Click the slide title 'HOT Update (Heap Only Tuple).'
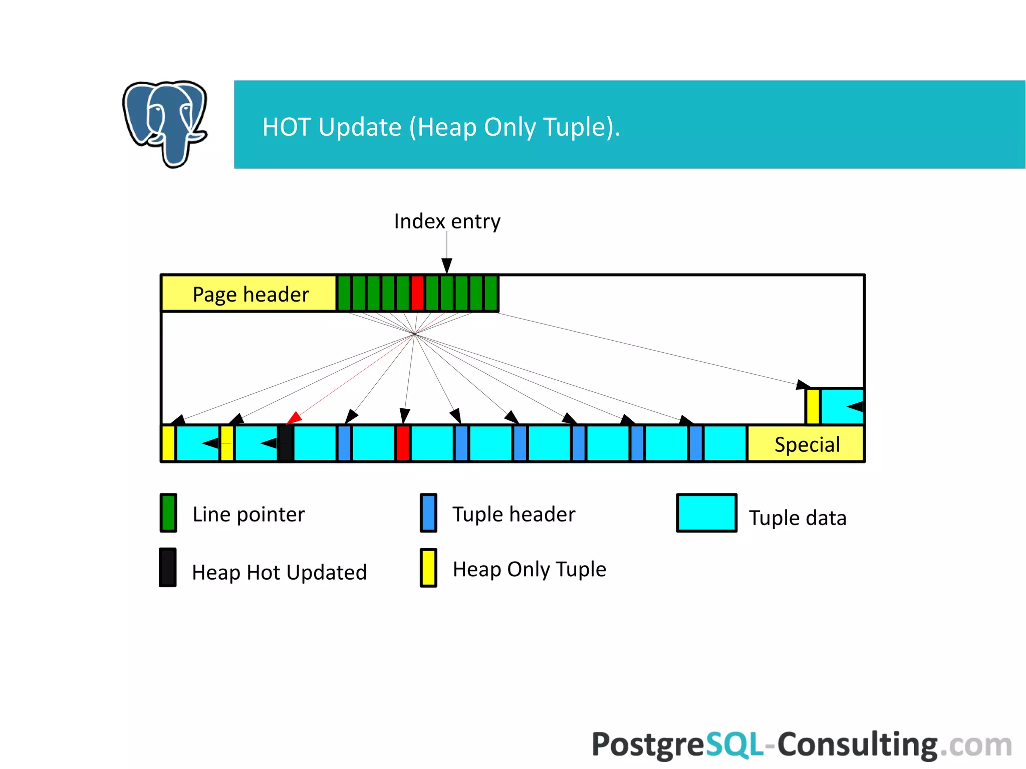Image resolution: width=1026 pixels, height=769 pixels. pos(441,127)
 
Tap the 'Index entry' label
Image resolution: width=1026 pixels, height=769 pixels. pos(447,221)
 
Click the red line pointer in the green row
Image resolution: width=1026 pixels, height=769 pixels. pos(417,293)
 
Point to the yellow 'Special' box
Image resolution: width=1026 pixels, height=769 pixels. pos(806,444)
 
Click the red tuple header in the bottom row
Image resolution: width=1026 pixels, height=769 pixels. pos(403,443)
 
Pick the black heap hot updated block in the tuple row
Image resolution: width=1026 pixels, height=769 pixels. pos(286,443)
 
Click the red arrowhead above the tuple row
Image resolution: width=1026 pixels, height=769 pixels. pos(294,418)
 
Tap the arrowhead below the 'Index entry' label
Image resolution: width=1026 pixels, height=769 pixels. pos(447,265)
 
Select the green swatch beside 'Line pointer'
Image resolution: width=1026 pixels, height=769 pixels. pos(168,513)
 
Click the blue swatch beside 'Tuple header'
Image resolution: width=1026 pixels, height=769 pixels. pos(428,513)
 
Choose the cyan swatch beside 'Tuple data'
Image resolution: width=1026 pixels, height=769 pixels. pos(706,513)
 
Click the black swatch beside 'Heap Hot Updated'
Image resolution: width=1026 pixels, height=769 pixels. pos(168,568)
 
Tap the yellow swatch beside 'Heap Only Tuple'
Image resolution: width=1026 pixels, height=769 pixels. pos(428,568)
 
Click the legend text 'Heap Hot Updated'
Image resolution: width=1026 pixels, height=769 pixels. pos(280,572)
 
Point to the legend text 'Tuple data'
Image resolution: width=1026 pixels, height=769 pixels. pos(798,518)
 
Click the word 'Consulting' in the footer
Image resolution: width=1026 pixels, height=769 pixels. pos(857,744)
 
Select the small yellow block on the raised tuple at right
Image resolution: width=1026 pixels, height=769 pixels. pos(813,406)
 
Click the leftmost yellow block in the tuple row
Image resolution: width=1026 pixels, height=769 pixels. pos(169,443)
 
